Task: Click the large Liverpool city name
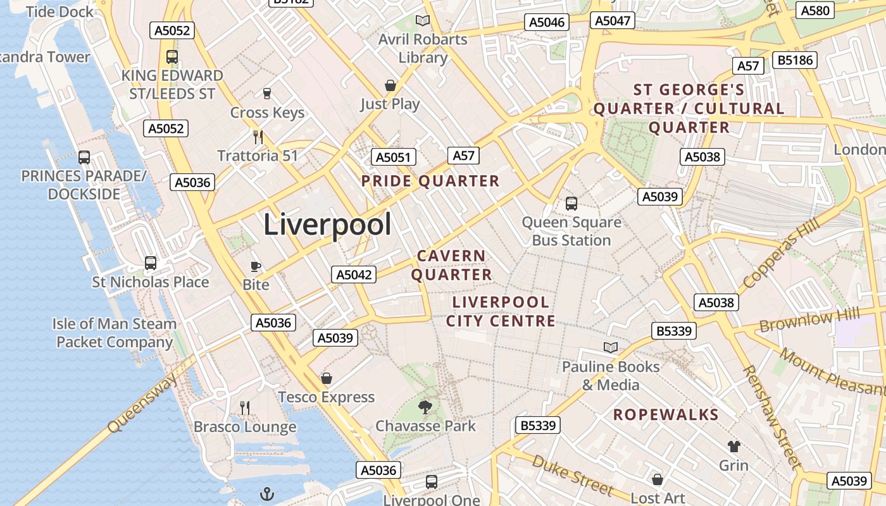[327, 225]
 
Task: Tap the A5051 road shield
[393, 157]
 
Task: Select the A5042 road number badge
[354, 275]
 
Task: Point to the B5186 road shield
[795, 61]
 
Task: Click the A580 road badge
[815, 10]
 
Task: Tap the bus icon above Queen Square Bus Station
[571, 204]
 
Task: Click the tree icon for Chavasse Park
[425, 407]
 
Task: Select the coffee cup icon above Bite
[256, 266]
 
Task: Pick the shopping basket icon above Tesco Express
[327, 378]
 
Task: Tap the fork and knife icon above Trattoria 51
[258, 137]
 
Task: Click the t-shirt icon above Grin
[733, 447]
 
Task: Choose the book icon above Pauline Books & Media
[611, 347]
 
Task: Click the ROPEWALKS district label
[666, 415]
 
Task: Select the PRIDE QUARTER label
[430, 182]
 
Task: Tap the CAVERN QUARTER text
[452, 265]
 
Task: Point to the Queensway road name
[142, 402]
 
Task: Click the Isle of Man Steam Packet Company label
[115, 333]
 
